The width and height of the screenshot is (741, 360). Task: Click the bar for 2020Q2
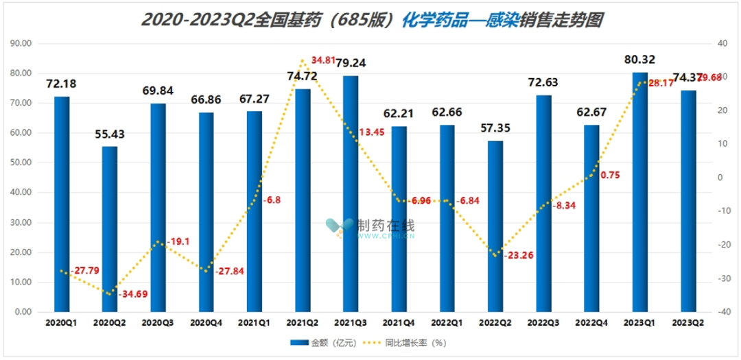(x=110, y=229)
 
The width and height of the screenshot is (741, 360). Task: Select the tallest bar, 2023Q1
(x=640, y=192)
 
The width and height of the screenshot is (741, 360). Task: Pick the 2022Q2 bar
(x=495, y=226)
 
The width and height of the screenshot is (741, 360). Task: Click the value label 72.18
(x=61, y=84)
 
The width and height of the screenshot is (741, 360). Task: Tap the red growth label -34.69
(x=134, y=294)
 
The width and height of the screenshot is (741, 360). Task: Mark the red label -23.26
(x=519, y=255)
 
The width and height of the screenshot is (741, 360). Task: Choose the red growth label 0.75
(x=610, y=175)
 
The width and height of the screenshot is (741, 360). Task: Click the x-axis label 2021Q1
(x=255, y=322)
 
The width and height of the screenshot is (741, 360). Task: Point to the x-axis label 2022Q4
(x=591, y=322)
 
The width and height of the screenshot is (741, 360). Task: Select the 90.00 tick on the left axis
(x=23, y=43)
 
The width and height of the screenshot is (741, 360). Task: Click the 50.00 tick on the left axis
(x=23, y=163)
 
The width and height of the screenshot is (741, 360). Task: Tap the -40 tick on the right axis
(x=723, y=312)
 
